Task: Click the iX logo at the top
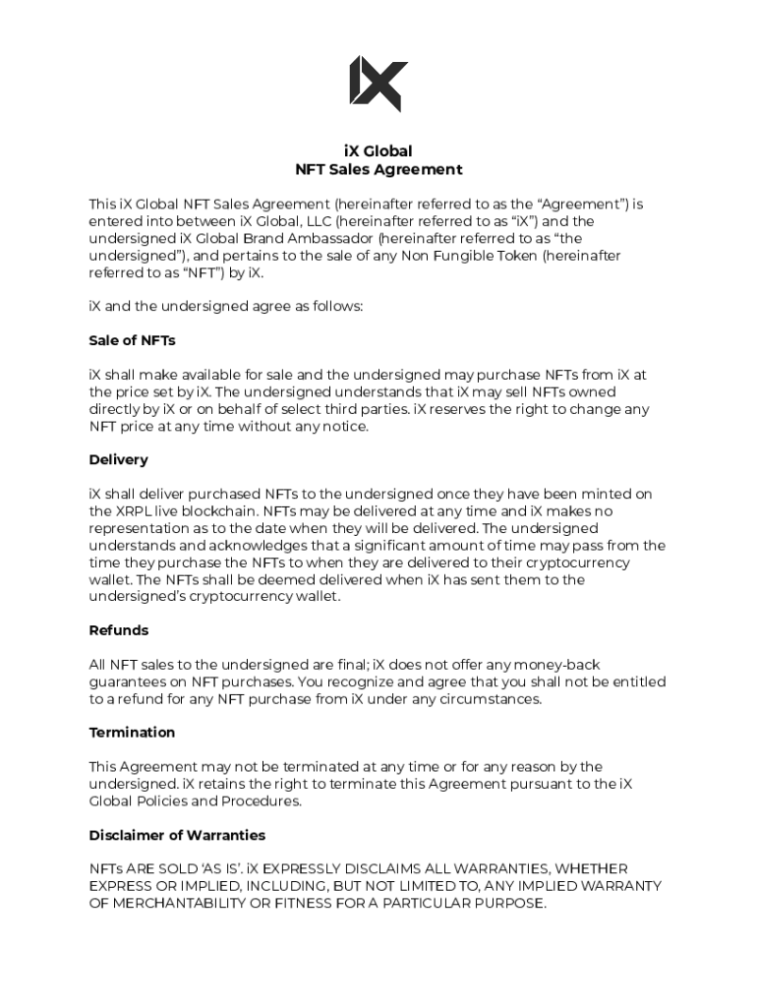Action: click(378, 85)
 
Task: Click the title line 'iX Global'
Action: click(378, 151)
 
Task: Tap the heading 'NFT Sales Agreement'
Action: click(378, 169)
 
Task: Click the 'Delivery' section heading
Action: click(118, 459)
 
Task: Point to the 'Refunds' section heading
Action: click(119, 630)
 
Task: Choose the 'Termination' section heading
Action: click(132, 733)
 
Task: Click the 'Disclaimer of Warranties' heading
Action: click(177, 835)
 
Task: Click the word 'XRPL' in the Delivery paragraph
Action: click(136, 511)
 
